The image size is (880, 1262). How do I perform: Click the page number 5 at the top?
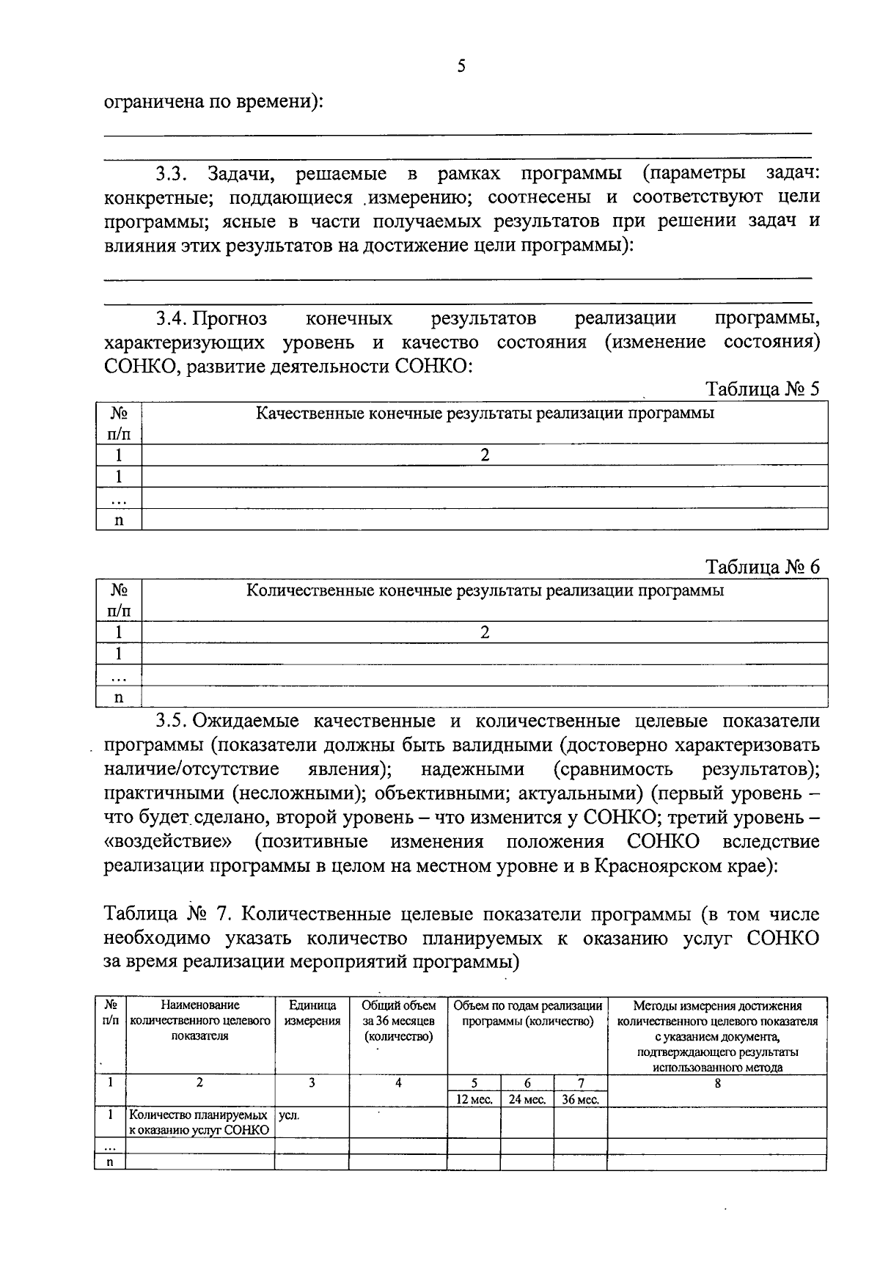pos(461,67)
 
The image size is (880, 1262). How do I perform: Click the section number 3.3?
pos(172,174)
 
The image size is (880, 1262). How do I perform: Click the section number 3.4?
pos(172,318)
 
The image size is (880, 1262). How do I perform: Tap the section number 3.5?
pos(172,722)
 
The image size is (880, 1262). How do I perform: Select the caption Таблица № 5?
pos(762,389)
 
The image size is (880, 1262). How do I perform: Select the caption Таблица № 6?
pos(762,567)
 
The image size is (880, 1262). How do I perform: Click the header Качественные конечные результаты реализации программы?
pos(485,414)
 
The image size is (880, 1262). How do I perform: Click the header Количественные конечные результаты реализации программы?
pos(485,591)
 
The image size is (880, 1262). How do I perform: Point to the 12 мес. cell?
pos(474,1099)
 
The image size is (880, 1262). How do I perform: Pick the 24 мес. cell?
pos(527,1099)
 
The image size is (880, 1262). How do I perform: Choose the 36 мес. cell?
pos(581,1099)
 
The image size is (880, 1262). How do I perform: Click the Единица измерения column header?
pos(312,1013)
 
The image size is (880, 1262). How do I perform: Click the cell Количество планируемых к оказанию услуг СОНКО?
pos(199,1122)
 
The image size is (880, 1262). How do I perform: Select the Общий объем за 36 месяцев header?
pos(398,1021)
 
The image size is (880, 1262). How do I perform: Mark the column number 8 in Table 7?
pos(717,1082)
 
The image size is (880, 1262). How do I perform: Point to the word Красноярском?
pos(664,866)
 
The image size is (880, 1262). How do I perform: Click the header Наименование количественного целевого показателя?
pos(200,1021)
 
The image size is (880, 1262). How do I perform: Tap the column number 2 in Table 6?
pos(485,632)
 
